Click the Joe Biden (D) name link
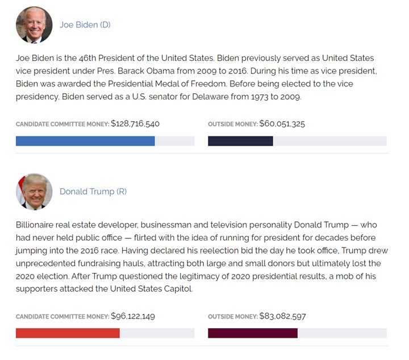pyautogui.click(x=85, y=25)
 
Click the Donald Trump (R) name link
pyautogui.click(x=93, y=192)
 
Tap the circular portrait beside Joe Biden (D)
pyautogui.click(x=34, y=25)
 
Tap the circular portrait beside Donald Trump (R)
pyautogui.click(x=34, y=192)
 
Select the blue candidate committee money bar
pyautogui.click(x=85, y=141)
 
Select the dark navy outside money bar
pyautogui.click(x=240, y=141)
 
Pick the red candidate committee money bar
pyautogui.click(x=68, y=333)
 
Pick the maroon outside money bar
pyautogui.click(x=253, y=333)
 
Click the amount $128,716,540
pyautogui.click(x=135, y=123)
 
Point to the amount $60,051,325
pyautogui.click(x=282, y=123)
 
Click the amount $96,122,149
pyautogui.click(x=133, y=316)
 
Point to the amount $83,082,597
pyautogui.click(x=282, y=316)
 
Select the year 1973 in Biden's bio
pyautogui.click(x=260, y=97)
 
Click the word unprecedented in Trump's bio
pyautogui.click(x=45, y=263)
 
